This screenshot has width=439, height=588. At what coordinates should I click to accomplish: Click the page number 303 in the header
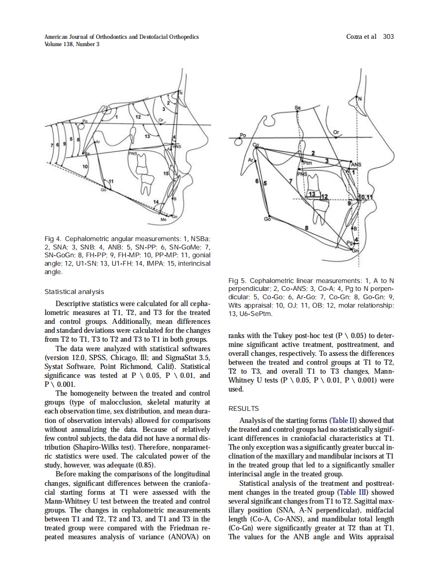point(388,37)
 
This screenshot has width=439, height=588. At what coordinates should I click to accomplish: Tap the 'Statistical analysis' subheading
point(74,291)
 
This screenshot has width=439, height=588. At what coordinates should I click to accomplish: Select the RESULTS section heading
point(244,408)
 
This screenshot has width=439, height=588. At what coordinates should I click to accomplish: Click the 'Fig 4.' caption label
point(53,238)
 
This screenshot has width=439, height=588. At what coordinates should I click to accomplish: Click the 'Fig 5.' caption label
point(238,280)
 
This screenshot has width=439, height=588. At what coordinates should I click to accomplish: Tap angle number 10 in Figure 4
point(85,166)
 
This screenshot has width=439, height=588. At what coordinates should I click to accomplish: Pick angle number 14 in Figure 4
point(155,202)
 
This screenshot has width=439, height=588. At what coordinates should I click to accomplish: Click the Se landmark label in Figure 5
point(298,107)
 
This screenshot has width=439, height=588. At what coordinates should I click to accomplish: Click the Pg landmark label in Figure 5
point(349,243)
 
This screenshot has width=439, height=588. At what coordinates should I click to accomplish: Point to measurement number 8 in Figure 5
point(306,227)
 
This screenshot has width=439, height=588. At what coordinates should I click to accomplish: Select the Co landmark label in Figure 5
point(256,145)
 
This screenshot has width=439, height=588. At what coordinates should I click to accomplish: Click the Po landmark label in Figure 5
point(242,135)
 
